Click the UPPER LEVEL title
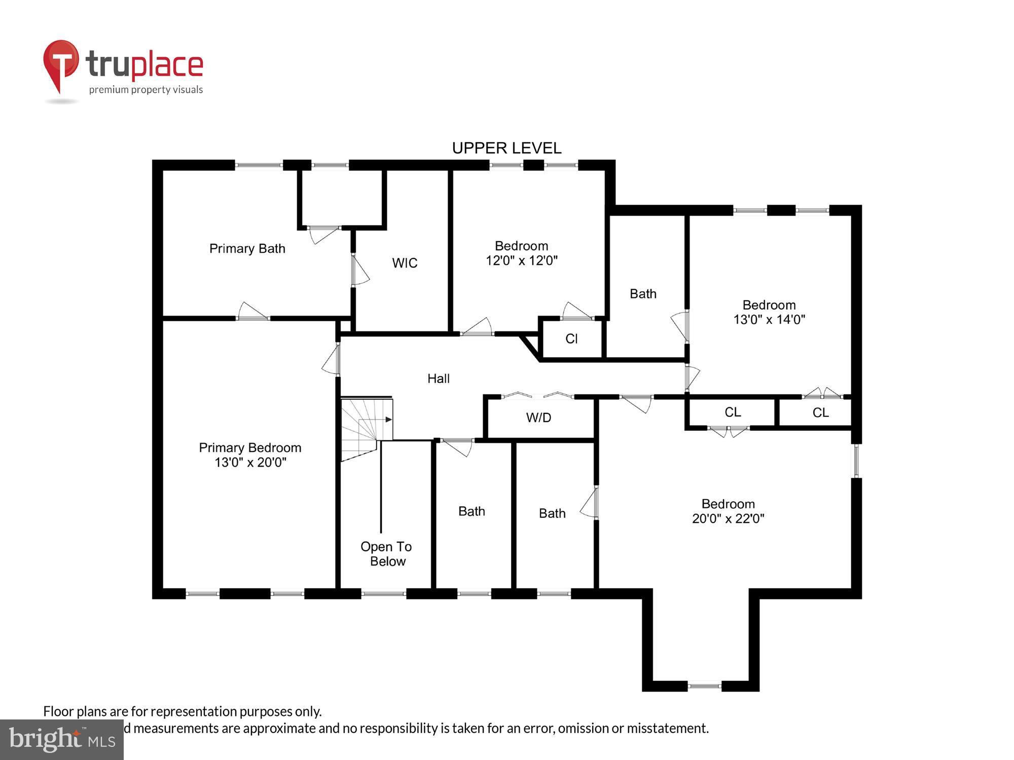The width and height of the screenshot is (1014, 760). click(506, 148)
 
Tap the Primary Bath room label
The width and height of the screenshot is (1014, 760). click(247, 248)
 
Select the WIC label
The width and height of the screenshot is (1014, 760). click(405, 263)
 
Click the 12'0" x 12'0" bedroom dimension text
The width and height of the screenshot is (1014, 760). click(522, 260)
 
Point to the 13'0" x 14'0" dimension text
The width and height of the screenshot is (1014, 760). click(769, 320)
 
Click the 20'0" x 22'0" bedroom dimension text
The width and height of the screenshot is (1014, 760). click(728, 519)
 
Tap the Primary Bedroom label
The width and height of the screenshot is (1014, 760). click(250, 447)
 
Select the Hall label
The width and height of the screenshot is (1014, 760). click(438, 378)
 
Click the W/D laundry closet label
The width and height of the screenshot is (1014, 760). click(538, 417)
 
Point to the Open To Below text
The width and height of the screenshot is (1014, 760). click(386, 554)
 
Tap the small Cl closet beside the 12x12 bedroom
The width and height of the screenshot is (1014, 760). click(571, 339)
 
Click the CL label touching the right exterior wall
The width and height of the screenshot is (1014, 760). click(820, 413)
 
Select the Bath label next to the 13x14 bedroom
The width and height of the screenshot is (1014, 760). click(643, 294)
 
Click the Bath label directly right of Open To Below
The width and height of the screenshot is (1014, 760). click(472, 511)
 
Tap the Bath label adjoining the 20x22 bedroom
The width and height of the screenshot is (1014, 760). click(552, 513)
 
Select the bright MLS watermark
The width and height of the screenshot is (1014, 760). click(61, 740)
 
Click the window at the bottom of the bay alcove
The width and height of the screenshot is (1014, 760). click(704, 686)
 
